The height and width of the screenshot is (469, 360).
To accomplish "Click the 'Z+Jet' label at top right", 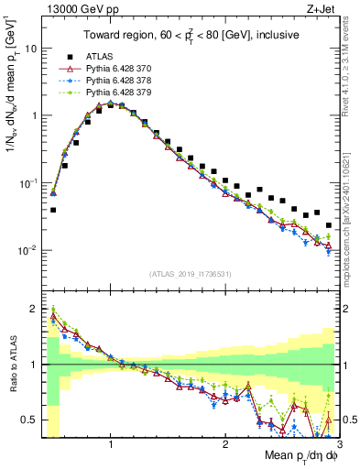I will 321,10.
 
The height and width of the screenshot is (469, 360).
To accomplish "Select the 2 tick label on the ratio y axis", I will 33,309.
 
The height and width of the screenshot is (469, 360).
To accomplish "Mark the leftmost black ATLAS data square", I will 53,210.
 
